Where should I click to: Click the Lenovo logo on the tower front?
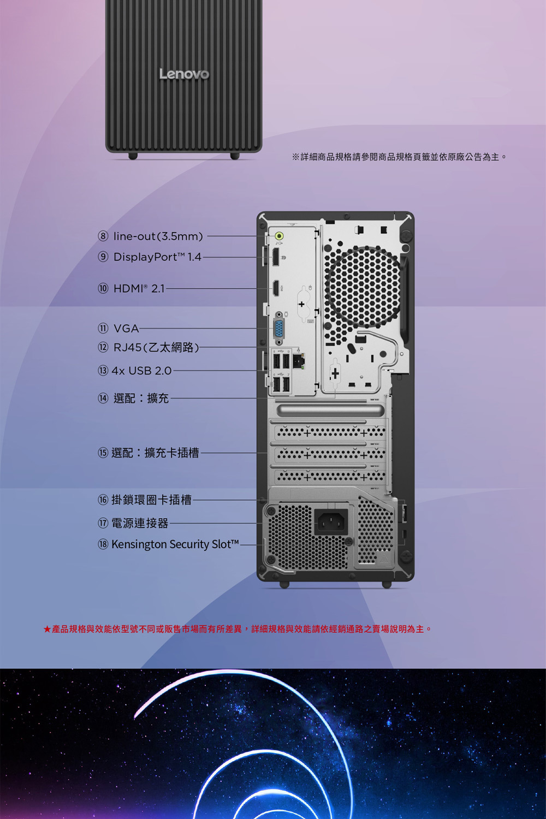pyautogui.click(x=185, y=74)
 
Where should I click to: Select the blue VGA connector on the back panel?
pyautogui.click(x=279, y=328)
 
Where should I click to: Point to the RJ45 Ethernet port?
pyautogui.click(x=299, y=361)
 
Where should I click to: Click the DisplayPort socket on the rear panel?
pyautogui.click(x=275, y=257)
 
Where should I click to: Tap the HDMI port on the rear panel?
pyautogui.click(x=275, y=288)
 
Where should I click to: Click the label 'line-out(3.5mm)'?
pyautogui.click(x=158, y=236)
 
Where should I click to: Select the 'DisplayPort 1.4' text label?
pyautogui.click(x=157, y=257)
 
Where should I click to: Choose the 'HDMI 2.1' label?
pyautogui.click(x=139, y=288)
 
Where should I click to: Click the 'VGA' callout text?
pyautogui.click(x=126, y=328)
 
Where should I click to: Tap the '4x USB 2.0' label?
pyautogui.click(x=141, y=371)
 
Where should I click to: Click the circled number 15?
pyautogui.click(x=103, y=453)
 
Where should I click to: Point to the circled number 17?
pyautogui.click(x=103, y=523)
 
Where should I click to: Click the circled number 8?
pyautogui.click(x=103, y=236)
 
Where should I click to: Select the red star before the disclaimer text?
pyautogui.click(x=47, y=629)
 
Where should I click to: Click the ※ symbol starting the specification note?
pyautogui.click(x=295, y=157)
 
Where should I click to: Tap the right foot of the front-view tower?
pyautogui.click(x=235, y=156)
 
